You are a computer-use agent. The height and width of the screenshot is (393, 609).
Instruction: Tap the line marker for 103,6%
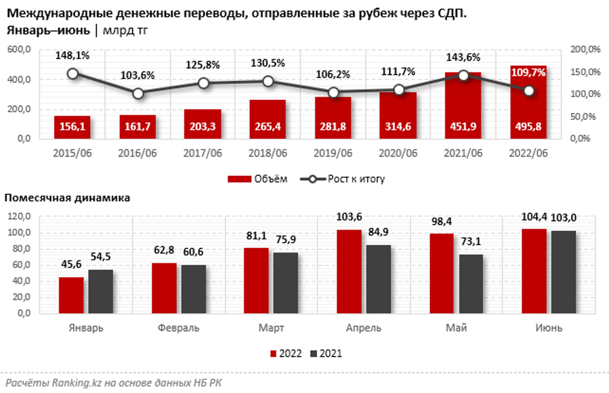(x=138, y=94)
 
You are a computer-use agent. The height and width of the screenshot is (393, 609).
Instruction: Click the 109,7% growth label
(x=528, y=73)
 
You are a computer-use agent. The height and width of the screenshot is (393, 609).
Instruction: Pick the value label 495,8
(x=528, y=126)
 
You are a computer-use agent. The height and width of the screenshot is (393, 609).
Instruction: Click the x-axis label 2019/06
(x=333, y=153)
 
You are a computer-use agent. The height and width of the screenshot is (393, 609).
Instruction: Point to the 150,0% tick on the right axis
(x=585, y=72)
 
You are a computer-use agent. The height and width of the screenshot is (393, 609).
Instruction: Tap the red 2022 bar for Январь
(x=71, y=295)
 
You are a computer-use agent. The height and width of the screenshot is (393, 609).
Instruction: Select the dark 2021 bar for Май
(x=471, y=284)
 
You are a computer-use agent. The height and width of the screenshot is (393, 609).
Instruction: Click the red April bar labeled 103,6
(x=349, y=271)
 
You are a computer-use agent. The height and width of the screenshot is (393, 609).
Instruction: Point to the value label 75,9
(x=286, y=240)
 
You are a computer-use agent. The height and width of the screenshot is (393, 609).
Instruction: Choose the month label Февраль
(x=178, y=328)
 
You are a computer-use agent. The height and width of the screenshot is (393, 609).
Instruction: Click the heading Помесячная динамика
(x=67, y=198)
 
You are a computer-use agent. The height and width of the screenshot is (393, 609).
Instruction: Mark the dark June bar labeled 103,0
(x=563, y=272)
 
